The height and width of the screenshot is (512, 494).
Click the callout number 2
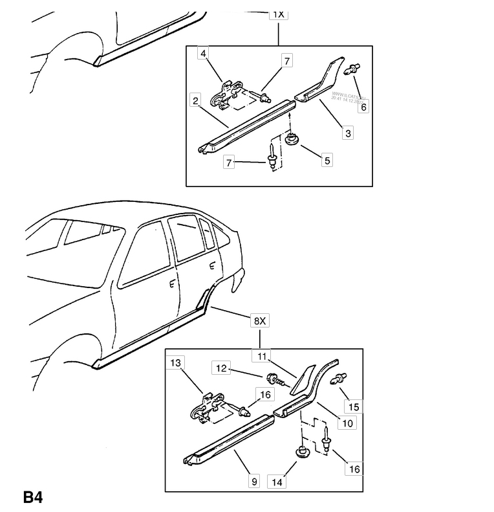click(194, 100)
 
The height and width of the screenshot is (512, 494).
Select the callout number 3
click(348, 133)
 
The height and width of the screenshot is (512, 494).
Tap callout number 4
click(203, 53)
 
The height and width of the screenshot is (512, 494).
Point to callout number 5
click(327, 161)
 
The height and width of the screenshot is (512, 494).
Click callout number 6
click(364, 107)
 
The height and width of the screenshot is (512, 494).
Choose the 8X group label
click(258, 320)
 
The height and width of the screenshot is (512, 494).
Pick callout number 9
click(253, 482)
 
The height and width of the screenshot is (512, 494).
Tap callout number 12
click(221, 368)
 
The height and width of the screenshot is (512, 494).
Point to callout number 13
click(176, 363)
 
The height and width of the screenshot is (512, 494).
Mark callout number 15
click(354, 406)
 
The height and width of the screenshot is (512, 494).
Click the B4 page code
click(33, 498)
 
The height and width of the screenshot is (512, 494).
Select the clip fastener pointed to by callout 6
click(353, 68)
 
